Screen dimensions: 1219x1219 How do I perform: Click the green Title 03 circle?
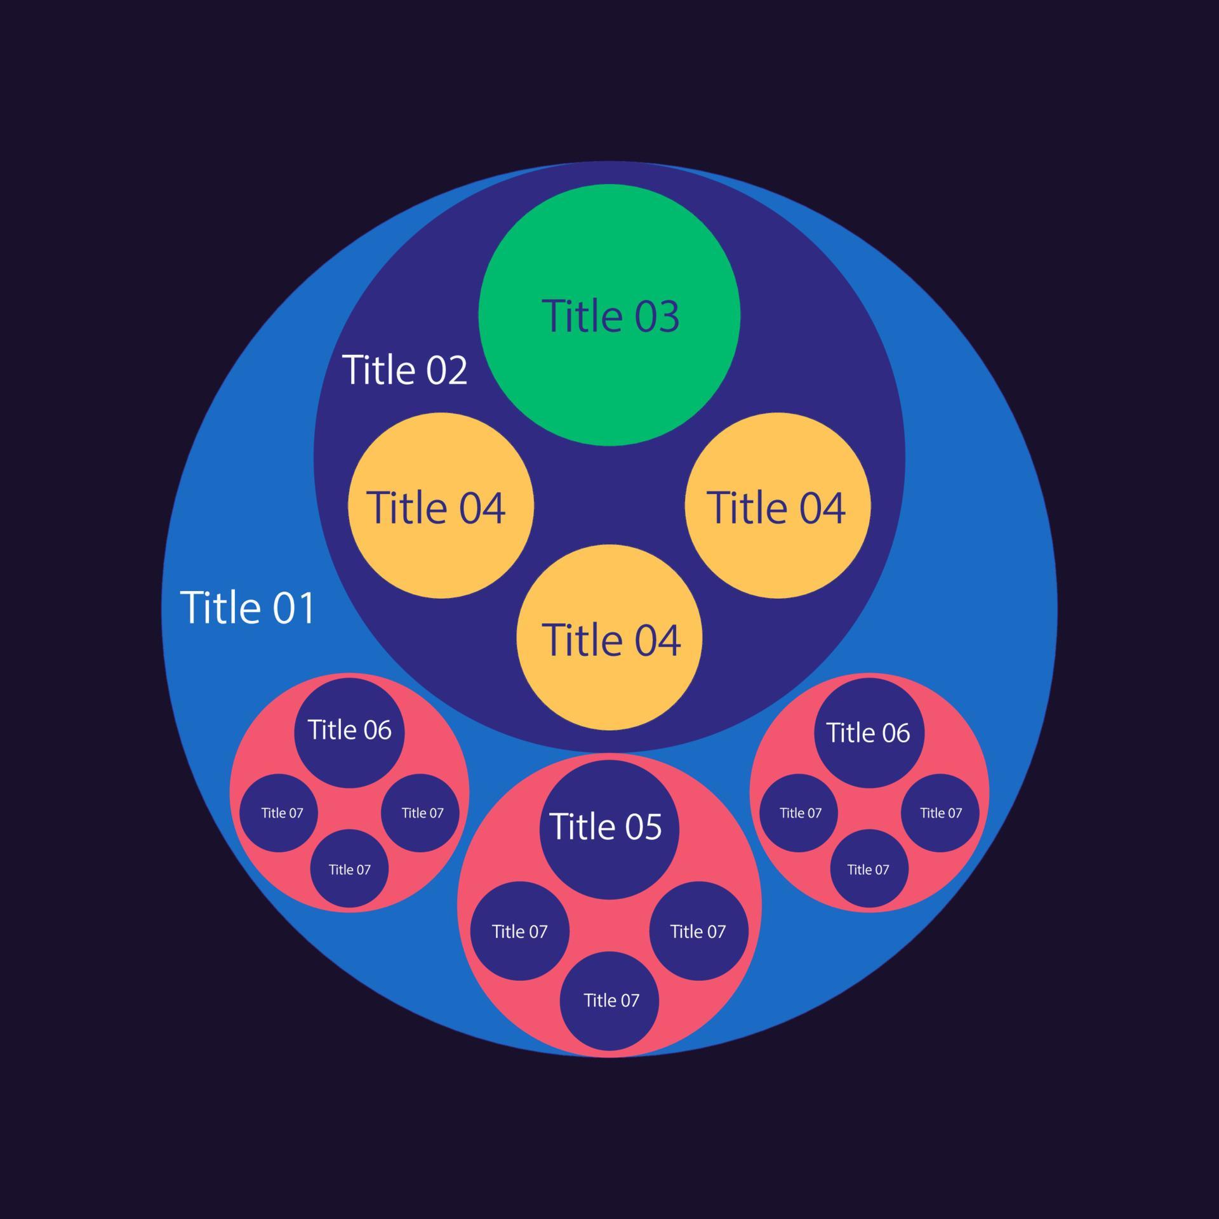point(609,315)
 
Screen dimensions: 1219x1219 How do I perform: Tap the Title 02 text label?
point(404,370)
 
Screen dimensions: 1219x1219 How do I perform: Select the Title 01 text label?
point(248,608)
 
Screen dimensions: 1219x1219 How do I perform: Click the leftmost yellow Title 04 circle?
point(441,505)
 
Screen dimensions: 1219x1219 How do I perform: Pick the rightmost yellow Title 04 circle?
point(778,505)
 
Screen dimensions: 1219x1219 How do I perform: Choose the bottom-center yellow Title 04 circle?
point(609,637)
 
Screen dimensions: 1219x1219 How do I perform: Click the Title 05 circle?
point(609,830)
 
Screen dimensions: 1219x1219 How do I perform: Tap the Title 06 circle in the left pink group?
point(349,733)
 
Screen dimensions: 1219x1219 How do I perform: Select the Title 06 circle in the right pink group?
point(869,733)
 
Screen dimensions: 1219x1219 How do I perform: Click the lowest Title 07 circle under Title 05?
point(609,1001)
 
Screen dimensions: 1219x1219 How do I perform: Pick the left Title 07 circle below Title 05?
point(520,931)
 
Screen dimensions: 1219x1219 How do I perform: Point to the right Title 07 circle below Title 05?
point(698,931)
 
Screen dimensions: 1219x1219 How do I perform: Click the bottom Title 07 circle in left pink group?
point(349,869)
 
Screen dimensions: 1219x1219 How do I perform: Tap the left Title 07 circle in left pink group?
point(279,813)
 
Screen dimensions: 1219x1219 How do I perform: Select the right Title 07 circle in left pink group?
point(420,813)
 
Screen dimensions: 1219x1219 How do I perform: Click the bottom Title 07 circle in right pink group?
point(869,869)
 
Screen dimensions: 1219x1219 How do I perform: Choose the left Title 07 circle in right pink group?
point(799,813)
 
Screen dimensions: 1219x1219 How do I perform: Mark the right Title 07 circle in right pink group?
point(940,813)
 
